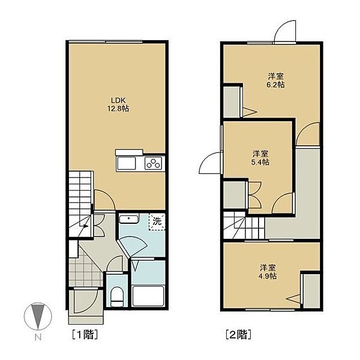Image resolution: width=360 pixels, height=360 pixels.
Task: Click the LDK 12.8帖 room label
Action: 118,104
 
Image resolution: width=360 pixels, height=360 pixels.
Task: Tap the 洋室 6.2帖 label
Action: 275,80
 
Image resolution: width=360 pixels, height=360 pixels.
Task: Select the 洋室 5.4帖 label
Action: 260,158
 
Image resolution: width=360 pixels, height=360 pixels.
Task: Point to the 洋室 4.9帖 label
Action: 267,272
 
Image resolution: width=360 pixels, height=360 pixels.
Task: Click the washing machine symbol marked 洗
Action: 157,221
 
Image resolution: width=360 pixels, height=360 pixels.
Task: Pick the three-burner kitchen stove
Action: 153,163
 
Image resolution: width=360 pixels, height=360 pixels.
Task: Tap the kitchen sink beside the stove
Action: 126,163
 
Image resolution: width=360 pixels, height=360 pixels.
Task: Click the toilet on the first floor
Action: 117,296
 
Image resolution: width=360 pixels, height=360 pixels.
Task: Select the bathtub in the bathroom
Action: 148,296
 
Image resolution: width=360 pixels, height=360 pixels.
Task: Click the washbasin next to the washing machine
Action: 129,219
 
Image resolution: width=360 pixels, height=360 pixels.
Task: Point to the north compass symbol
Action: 38,316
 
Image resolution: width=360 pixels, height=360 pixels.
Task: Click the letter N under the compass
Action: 38,337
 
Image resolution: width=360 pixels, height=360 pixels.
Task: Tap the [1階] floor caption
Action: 85,334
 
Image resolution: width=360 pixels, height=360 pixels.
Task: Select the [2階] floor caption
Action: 238,334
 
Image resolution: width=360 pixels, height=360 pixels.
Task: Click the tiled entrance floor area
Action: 85,269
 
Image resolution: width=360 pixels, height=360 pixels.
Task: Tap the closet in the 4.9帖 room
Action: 311,291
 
